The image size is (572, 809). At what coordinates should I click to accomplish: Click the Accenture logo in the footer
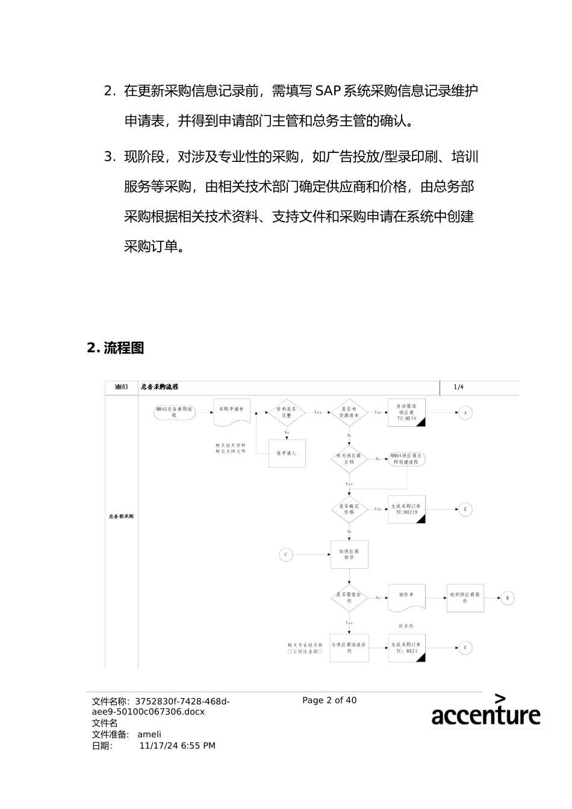coord(485,711)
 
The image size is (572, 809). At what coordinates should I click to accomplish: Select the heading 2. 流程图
coord(116,348)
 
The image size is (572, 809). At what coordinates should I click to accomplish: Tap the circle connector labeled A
coord(465,413)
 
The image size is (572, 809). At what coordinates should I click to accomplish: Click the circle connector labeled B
coord(507,598)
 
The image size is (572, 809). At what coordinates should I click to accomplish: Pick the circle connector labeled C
coord(286,554)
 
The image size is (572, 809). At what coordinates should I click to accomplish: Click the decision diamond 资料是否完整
coord(287,412)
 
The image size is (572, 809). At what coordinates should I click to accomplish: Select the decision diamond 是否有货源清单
coord(349,412)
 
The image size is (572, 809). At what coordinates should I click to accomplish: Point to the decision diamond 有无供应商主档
coord(349,459)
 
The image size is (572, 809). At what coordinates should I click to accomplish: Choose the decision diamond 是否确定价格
coord(349,509)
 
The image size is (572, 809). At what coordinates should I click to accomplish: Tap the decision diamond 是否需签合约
coord(349,598)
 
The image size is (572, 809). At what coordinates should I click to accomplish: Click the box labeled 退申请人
coord(287,453)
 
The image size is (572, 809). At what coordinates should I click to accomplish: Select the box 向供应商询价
coord(349,554)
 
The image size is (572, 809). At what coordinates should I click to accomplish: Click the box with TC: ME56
coord(406,412)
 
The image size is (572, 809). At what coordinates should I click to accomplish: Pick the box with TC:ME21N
coord(406,509)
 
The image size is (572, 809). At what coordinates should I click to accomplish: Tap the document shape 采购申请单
coord(232,411)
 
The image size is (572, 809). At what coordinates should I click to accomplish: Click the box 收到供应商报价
coord(465,598)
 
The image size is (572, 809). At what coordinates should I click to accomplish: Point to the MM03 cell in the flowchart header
coord(122,387)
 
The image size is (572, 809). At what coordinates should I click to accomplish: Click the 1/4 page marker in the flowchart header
coord(459,387)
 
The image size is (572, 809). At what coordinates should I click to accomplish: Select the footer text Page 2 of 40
coord(329,700)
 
